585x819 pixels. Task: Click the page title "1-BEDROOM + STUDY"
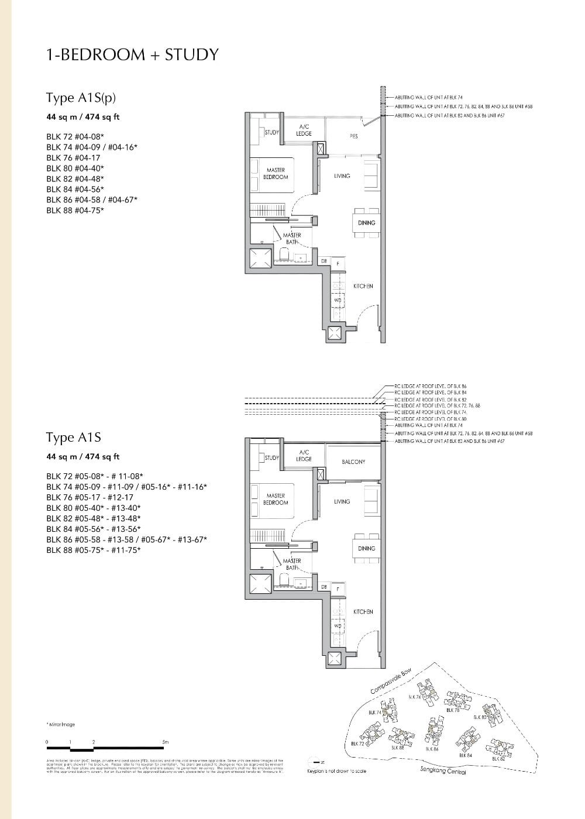click(132, 55)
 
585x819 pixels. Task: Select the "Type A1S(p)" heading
click(85, 98)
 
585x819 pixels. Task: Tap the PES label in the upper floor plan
click(353, 136)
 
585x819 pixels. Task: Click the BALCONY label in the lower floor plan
click(353, 462)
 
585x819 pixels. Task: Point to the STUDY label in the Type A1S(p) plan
click(272, 133)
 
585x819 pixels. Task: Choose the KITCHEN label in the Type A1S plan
click(363, 612)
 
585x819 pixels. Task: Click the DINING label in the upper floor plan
click(366, 223)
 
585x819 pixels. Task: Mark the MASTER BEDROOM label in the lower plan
click(275, 499)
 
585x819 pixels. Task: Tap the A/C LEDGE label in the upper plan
click(304, 130)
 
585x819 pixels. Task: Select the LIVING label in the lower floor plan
click(342, 502)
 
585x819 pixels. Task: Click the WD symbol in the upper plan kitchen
click(337, 300)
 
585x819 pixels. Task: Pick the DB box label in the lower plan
click(323, 587)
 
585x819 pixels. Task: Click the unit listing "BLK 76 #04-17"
click(73, 158)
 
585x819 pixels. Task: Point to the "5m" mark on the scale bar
click(166, 742)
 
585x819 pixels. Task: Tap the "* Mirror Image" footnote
click(60, 724)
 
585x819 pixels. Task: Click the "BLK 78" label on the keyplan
click(452, 710)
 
